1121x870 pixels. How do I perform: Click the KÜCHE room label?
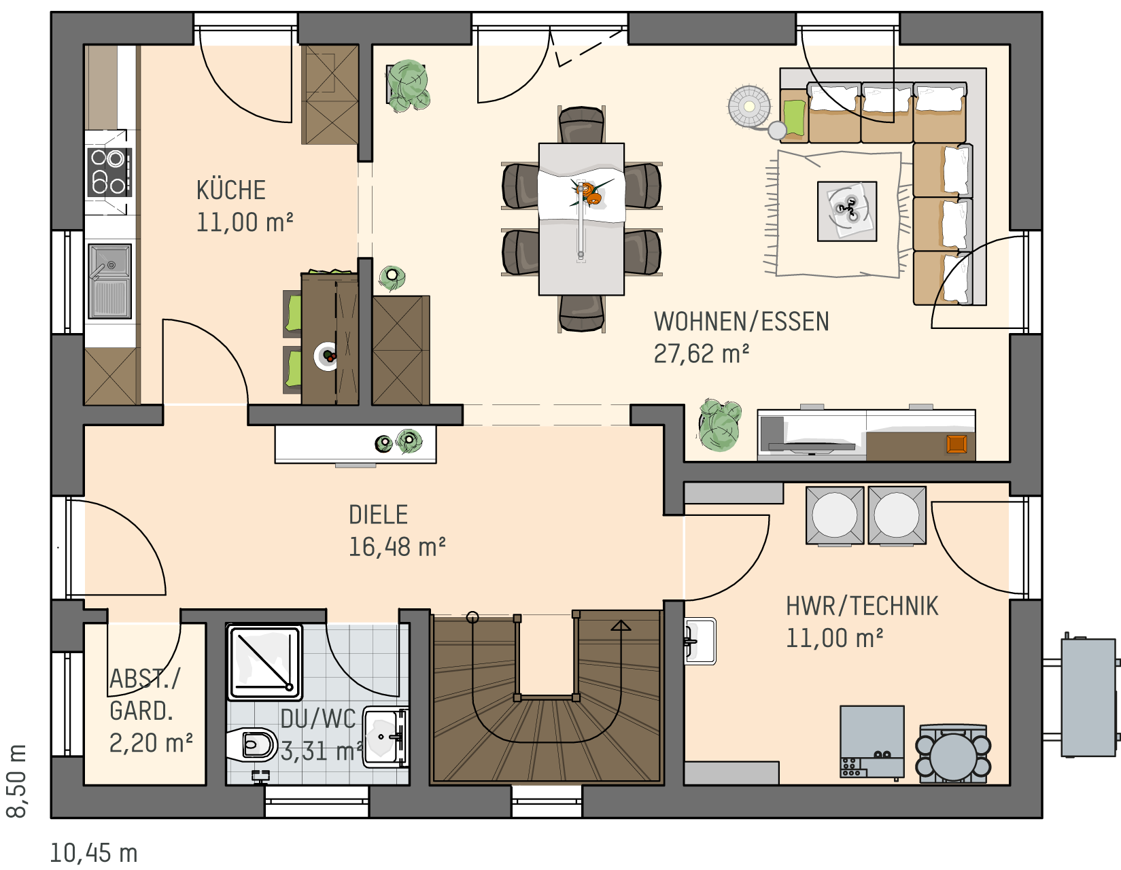coord(231,190)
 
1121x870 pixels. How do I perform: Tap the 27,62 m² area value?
coord(701,353)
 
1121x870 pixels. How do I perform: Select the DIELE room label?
coord(378,515)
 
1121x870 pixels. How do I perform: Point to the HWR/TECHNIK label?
coord(862,606)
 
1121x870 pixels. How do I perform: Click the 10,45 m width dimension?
coord(94,853)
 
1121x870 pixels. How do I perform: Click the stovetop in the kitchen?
coord(109,173)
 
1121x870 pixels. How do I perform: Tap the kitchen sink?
coord(110,281)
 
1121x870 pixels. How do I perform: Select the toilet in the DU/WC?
coord(252,744)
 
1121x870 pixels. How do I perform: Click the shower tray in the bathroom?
coord(264,663)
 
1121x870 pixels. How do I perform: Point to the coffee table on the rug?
coord(847,211)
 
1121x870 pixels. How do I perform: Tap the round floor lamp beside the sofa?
coord(749,107)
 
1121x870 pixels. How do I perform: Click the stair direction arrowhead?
coord(621,625)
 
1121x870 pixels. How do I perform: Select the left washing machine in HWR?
coord(835,515)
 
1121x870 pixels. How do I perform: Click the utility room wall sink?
coord(700,641)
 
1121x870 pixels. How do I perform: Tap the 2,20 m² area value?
coord(151,743)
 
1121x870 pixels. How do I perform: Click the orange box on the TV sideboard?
coord(956,444)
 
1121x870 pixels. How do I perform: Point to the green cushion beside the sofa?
coord(794,118)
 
